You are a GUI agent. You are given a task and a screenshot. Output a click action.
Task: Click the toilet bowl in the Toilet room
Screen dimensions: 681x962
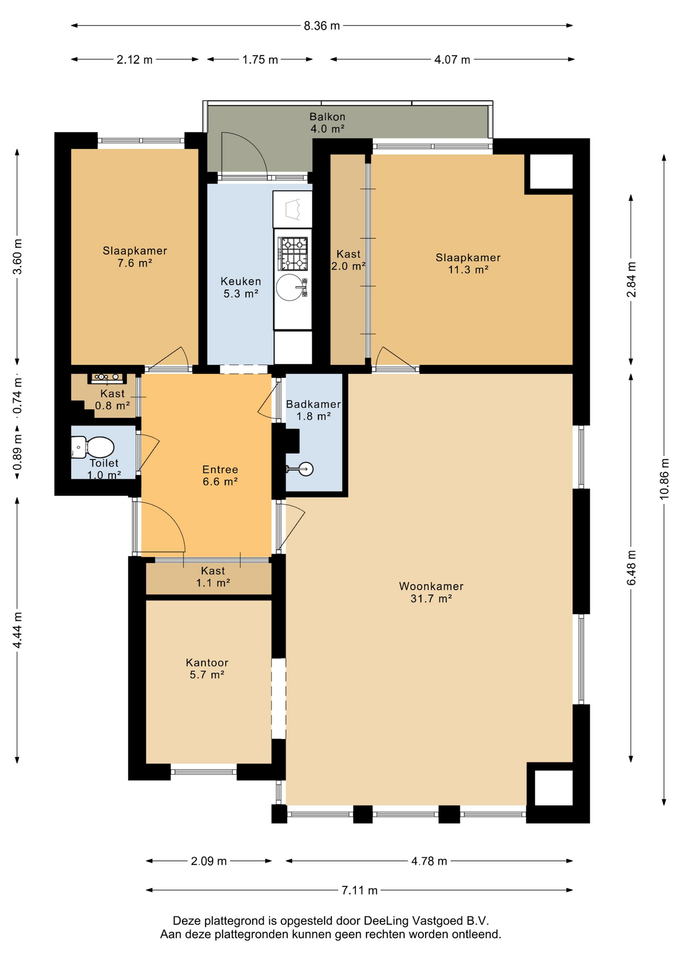coord(93,447)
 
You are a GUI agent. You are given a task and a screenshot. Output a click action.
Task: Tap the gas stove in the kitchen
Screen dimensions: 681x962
coord(293,254)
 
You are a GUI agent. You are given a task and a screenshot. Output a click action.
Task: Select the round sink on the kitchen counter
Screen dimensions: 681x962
coord(290,287)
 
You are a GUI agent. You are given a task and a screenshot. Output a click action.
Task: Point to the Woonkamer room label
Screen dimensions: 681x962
coord(431,586)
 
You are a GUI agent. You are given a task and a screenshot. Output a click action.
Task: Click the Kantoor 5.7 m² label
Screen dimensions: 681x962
coord(207,668)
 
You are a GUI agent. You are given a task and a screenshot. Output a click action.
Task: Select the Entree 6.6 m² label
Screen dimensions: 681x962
coord(220,475)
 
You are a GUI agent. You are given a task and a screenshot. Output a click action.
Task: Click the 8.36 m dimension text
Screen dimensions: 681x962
coord(322,26)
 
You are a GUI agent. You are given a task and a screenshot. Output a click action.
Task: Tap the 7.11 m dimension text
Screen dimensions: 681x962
coord(360,890)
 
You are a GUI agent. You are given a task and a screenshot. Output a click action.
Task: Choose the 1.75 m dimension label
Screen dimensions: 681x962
coord(260,60)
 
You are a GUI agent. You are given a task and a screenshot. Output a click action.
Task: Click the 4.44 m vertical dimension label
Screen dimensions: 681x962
coord(18,630)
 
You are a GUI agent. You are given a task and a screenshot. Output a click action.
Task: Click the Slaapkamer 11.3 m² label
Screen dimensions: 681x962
coord(468,264)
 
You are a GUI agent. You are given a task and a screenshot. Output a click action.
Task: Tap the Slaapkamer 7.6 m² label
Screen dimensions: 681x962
coord(135,257)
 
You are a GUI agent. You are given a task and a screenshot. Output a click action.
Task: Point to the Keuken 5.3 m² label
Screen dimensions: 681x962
coord(241,288)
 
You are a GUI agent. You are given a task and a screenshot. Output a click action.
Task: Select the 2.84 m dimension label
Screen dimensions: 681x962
coord(631,279)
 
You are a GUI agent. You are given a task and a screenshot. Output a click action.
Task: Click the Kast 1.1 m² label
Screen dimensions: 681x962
coord(213,577)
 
